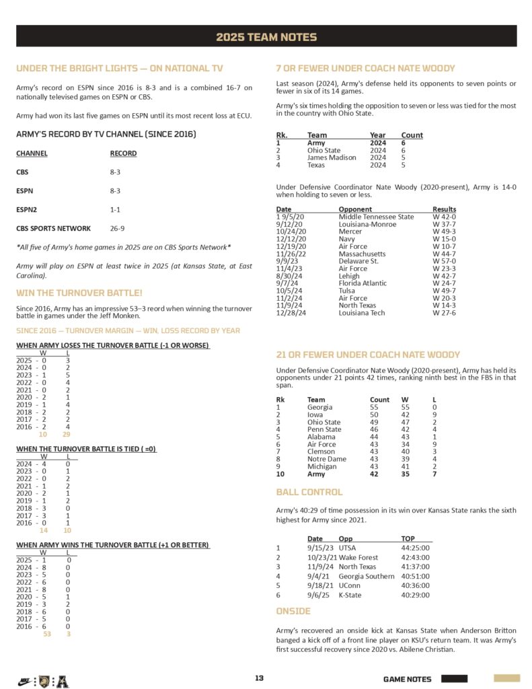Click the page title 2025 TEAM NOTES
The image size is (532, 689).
pyautogui.click(x=266, y=37)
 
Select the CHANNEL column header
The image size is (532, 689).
pyautogui.click(x=32, y=153)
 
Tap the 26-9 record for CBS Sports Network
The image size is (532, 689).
pyautogui.click(x=117, y=228)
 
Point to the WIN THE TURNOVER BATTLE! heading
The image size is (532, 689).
pyautogui.click(x=79, y=293)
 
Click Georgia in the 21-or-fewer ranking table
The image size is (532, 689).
pyautogui.click(x=319, y=407)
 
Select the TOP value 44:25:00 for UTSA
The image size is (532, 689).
pyautogui.click(x=416, y=548)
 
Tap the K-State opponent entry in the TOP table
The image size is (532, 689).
pyautogui.click(x=350, y=595)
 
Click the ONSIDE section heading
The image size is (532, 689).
pyautogui.click(x=293, y=611)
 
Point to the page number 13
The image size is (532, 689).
pyautogui.click(x=259, y=678)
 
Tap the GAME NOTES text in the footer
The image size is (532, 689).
pyautogui.click(x=408, y=679)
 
